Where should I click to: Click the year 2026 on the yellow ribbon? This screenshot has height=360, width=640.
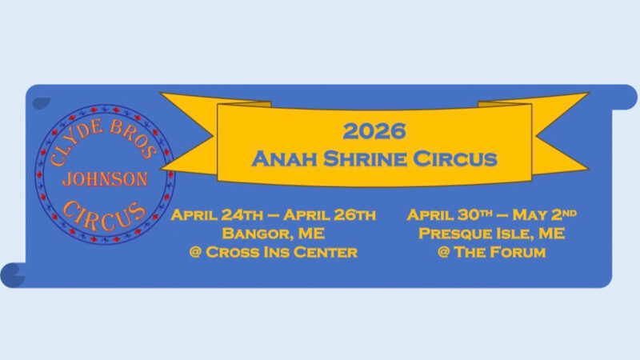(374, 130)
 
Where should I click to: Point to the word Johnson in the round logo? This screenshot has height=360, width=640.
(105, 178)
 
